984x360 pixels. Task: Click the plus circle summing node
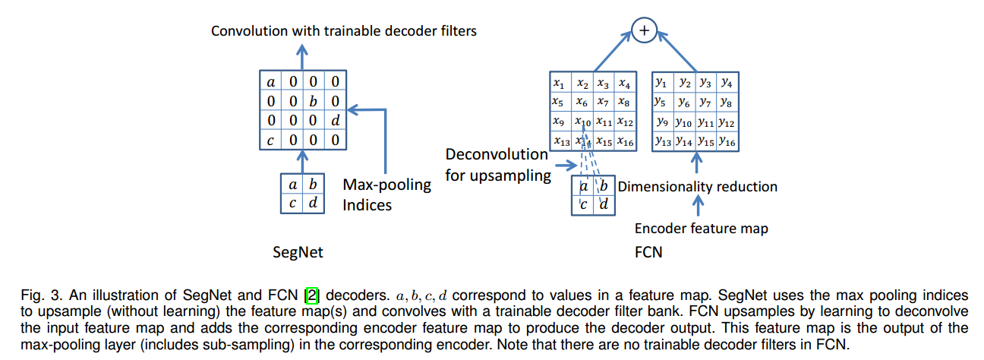[644, 30]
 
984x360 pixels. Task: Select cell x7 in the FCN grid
[603, 103]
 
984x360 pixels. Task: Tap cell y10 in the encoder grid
[684, 122]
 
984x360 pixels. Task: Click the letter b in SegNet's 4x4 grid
[314, 101]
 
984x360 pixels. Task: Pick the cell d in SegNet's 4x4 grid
[336, 121]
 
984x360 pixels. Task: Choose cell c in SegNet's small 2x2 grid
[292, 203]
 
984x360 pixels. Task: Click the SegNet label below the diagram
[298, 252]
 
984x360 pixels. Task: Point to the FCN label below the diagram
[648, 252]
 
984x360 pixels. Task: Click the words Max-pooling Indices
[387, 194]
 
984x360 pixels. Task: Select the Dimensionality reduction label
[698, 187]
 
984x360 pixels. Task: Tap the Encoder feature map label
[702, 229]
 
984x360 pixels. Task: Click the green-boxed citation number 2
[312, 295]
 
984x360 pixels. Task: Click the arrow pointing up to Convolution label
[301, 57]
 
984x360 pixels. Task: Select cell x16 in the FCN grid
[625, 141]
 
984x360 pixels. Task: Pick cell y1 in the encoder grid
[662, 83]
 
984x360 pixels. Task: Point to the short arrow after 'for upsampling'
[566, 166]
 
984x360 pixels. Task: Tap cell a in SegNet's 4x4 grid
[270, 82]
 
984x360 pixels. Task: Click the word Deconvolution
[497, 155]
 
